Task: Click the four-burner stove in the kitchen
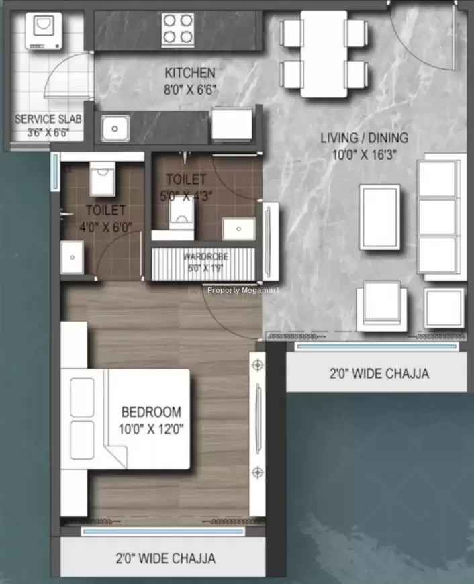click(x=178, y=30)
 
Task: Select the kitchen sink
click(x=115, y=128)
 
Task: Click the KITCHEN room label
click(x=190, y=72)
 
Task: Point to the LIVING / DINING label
click(x=364, y=138)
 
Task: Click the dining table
click(x=324, y=54)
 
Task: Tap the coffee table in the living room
click(x=380, y=217)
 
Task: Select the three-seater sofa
click(x=441, y=217)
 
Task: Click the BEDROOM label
click(x=151, y=412)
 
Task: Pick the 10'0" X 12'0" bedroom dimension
click(x=151, y=429)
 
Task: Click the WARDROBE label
click(x=205, y=256)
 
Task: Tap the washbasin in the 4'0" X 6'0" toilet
click(x=72, y=257)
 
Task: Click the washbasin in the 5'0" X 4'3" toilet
click(x=238, y=229)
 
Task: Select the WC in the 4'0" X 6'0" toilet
click(x=103, y=179)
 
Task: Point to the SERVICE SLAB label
click(x=48, y=119)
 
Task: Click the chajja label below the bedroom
click(x=165, y=558)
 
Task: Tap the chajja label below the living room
click(x=379, y=373)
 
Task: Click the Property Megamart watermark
click(x=243, y=290)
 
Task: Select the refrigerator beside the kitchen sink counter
click(x=232, y=124)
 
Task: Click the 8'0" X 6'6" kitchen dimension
click(x=190, y=89)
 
